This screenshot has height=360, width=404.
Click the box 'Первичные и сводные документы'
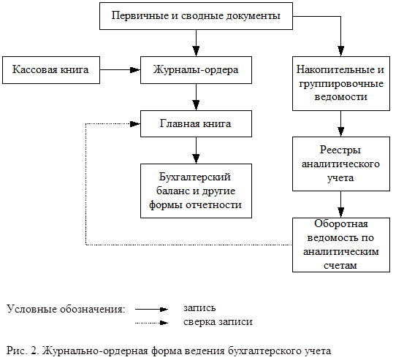(196, 16)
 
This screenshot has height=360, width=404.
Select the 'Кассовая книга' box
(51, 70)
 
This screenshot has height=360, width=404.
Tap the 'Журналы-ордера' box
(196, 70)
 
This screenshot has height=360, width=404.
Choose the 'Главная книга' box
(196, 124)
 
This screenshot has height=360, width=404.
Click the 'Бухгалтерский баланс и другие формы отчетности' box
(196, 191)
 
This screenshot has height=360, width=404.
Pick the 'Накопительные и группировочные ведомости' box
(341, 84)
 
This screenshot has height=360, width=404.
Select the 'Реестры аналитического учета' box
(341, 164)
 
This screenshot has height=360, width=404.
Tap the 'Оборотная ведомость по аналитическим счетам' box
(341, 245)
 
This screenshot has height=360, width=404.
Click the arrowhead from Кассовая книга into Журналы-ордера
(135, 70)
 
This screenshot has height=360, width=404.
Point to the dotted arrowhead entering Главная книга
(135, 124)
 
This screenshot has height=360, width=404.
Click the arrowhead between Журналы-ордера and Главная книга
(196, 105)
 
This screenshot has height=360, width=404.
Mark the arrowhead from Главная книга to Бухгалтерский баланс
(196, 158)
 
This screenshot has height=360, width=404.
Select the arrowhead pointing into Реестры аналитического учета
(341, 131)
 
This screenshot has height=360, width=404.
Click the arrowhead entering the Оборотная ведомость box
(341, 212)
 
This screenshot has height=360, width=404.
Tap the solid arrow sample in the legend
(151, 310)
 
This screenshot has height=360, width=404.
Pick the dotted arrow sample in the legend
(151, 323)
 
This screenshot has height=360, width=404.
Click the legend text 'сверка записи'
(218, 322)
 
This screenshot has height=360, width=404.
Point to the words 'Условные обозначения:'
(66, 309)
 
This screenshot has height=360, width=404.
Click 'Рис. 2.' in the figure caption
(23, 351)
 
